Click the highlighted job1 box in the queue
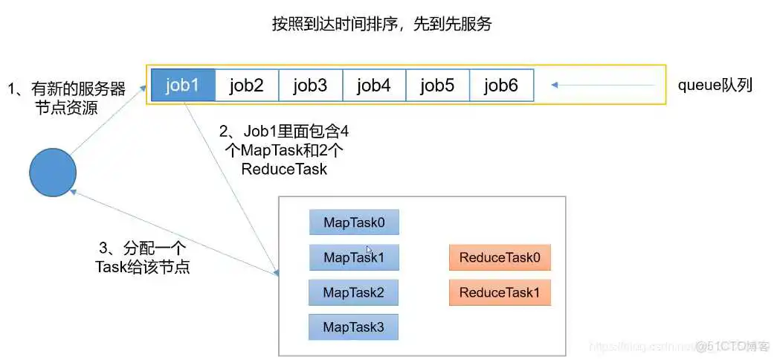(x=183, y=85)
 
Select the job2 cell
(x=247, y=85)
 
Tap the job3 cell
(x=310, y=85)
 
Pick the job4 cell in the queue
(x=374, y=85)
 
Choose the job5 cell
(x=437, y=85)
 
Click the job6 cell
(x=501, y=85)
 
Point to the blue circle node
(x=53, y=173)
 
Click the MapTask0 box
(x=354, y=222)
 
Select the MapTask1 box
(x=354, y=257)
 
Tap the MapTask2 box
(x=354, y=292)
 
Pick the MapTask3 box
(x=354, y=327)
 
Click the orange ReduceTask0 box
(x=500, y=257)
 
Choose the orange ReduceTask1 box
(x=500, y=292)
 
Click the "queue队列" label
(x=715, y=85)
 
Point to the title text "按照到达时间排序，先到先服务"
(x=381, y=24)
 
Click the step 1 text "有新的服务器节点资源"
(x=67, y=98)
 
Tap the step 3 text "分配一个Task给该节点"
(x=143, y=257)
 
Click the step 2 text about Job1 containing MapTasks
(x=284, y=150)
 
